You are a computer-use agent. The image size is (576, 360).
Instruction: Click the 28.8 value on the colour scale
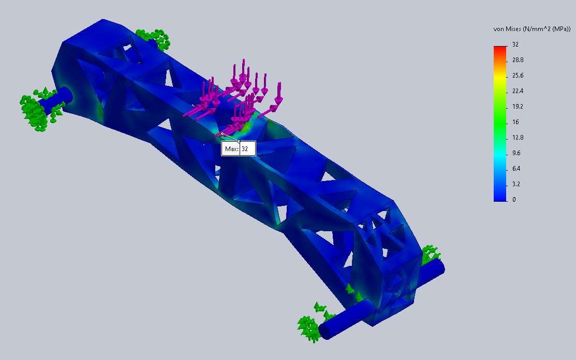click(518, 60)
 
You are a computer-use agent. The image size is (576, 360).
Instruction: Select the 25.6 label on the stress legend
click(518, 75)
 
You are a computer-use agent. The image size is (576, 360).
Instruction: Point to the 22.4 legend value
click(518, 91)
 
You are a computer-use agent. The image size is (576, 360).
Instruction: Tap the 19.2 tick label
click(518, 107)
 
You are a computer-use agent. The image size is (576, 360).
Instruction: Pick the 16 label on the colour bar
click(515, 122)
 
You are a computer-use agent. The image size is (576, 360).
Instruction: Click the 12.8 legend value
click(518, 138)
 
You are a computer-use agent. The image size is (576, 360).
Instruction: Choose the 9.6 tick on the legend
click(516, 153)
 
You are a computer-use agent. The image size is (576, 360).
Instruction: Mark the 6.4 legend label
click(516, 169)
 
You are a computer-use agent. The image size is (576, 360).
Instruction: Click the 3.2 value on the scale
click(516, 184)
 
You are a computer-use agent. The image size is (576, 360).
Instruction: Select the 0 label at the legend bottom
click(514, 199)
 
